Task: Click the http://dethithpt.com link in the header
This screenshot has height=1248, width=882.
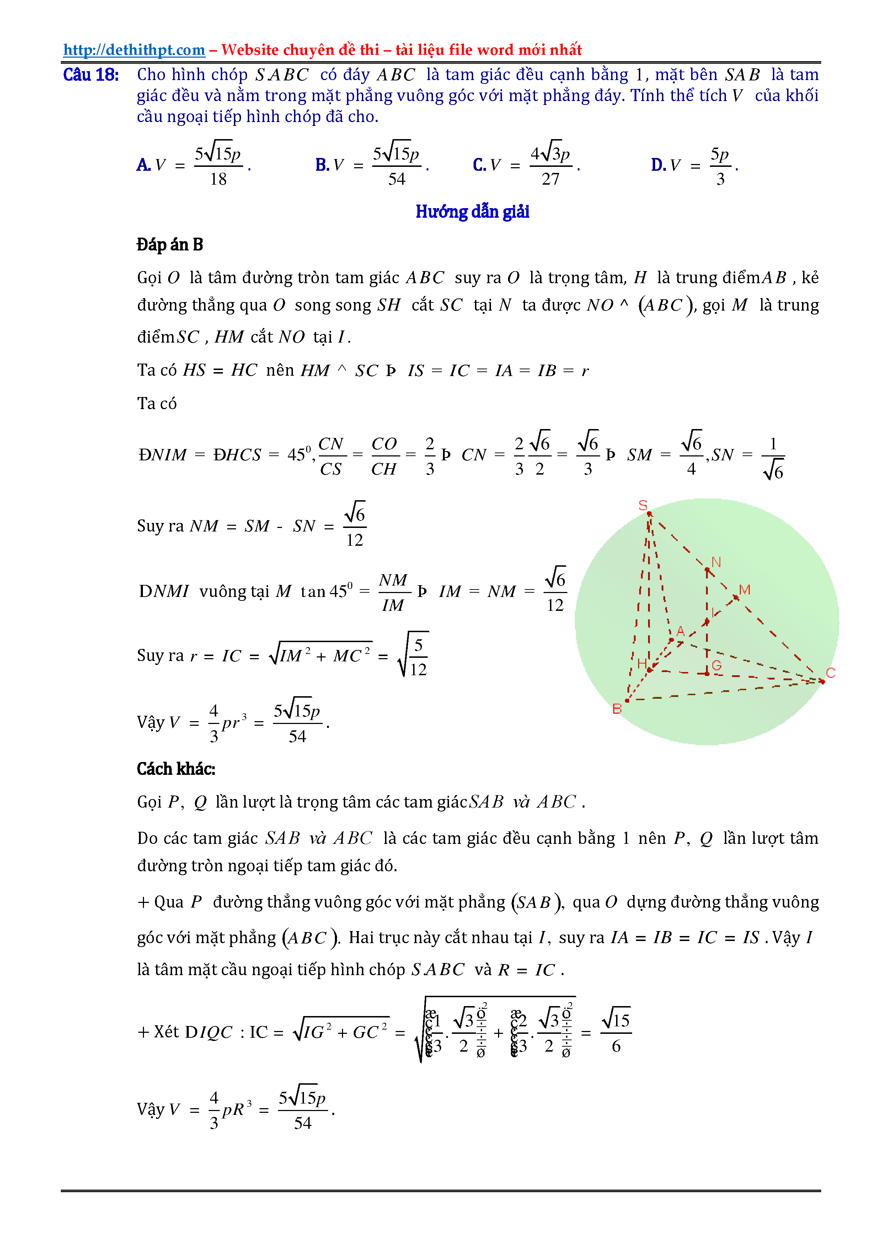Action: coord(134,50)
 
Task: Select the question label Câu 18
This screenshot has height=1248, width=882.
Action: coord(91,74)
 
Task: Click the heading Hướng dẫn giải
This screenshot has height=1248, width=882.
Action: coord(472,211)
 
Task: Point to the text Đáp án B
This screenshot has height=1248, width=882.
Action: coord(170,245)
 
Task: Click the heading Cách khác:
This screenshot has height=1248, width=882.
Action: coord(176,768)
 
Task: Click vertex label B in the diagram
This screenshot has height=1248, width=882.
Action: coord(617,709)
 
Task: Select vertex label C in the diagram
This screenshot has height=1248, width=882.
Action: coord(830,673)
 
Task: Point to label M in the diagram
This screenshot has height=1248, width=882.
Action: coord(744,590)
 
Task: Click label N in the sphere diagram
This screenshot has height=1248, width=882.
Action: coord(716,562)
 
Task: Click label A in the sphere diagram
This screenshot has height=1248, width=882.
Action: coord(680,631)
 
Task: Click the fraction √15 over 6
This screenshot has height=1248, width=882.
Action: coord(616,1032)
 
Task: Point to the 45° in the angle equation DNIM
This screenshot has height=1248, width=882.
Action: coord(299,454)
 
